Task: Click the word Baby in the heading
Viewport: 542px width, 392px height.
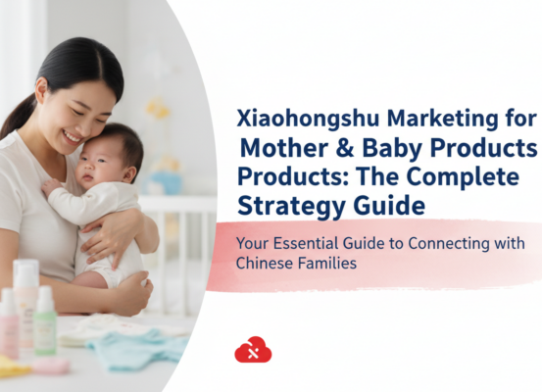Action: point(399,150)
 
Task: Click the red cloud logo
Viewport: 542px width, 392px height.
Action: point(253,349)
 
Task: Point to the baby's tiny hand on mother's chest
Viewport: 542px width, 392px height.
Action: point(51,186)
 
